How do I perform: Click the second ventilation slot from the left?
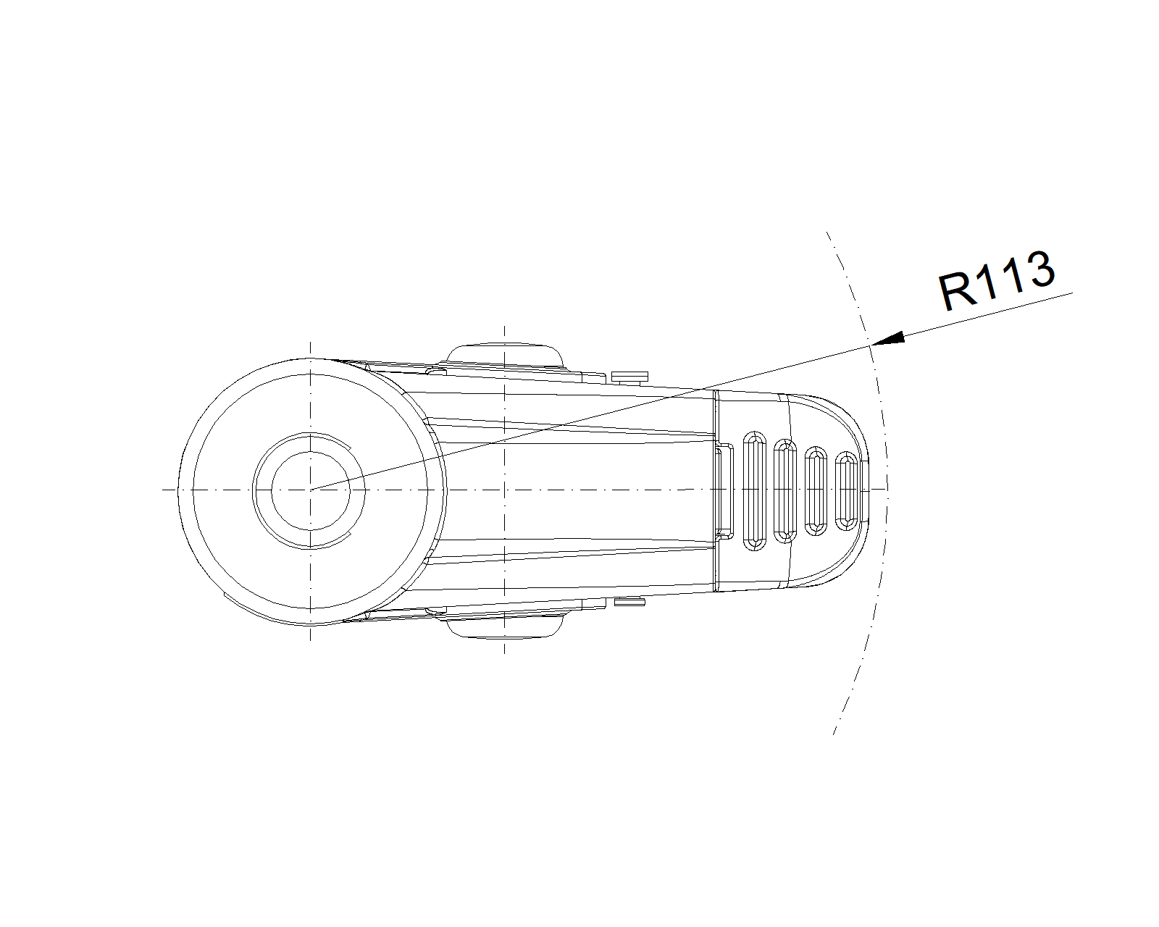click(x=785, y=491)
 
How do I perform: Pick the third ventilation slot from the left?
click(x=816, y=491)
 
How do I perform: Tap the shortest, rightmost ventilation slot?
click(x=846, y=491)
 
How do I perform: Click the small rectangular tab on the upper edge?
click(x=627, y=375)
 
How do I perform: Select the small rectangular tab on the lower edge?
click(x=629, y=602)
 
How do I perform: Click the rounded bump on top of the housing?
click(x=505, y=355)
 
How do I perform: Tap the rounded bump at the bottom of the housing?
click(x=505, y=627)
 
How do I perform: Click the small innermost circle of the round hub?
click(x=310, y=490)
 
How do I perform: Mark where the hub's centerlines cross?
click(x=310, y=490)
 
